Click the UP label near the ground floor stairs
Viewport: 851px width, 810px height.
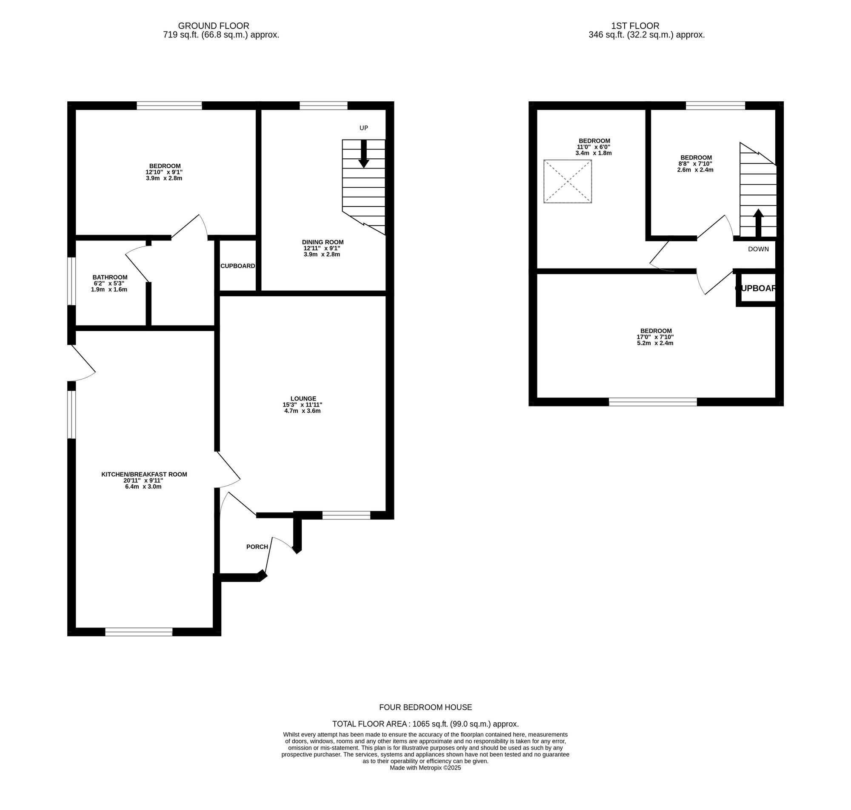coord(363,128)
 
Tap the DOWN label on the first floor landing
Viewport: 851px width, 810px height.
coord(758,249)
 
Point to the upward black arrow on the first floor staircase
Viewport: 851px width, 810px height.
coord(758,223)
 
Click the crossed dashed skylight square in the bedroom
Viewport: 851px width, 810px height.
coord(568,181)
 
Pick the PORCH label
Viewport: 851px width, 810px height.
coord(257,547)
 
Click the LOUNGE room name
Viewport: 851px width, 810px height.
coord(303,398)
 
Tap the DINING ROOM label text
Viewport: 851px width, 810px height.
coord(323,242)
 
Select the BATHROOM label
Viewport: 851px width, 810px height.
coord(110,277)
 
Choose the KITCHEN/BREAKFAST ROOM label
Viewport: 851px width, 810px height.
coord(144,474)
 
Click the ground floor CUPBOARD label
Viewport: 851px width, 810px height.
coord(238,266)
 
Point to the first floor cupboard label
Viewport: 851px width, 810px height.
coord(756,289)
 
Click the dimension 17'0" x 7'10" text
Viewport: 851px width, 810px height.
coord(655,337)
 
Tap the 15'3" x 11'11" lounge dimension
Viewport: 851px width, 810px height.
coord(302,404)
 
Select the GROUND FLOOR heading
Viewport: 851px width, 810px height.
coord(214,26)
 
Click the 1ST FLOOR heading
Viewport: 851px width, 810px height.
coord(635,26)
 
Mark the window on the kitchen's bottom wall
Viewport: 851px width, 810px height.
coord(139,632)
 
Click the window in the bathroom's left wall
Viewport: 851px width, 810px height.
coord(71,281)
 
